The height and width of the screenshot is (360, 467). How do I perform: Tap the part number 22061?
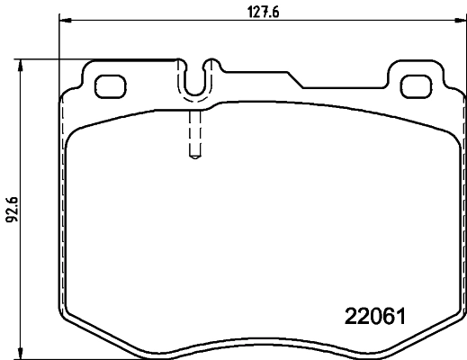(378, 317)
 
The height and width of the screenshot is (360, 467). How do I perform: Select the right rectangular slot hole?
(416, 86)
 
